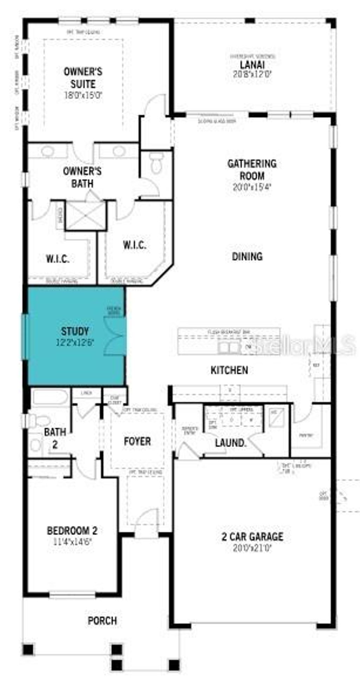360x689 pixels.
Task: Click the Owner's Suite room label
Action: [x=83, y=78]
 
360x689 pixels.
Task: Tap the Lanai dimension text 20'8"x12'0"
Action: [x=252, y=74]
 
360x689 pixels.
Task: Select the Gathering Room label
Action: [x=252, y=169]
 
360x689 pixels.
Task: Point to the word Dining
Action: [x=247, y=256]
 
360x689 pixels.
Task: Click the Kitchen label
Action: [x=229, y=370]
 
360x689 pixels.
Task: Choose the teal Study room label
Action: [x=75, y=331]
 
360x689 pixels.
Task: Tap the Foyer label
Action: [x=137, y=441]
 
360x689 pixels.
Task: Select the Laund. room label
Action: [x=230, y=443]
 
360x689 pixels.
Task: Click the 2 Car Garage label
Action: [x=252, y=537]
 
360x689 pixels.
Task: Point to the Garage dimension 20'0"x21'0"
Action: [x=252, y=548]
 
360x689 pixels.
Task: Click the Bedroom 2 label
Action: [x=72, y=530]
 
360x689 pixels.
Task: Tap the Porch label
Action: [x=102, y=621]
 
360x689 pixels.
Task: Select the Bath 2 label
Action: [x=55, y=438]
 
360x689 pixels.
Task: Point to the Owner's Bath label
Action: [x=82, y=177]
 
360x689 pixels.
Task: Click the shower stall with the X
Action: [x=85, y=215]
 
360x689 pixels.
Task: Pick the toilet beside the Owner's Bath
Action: [x=155, y=162]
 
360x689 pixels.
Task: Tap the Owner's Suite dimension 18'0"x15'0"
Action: [x=83, y=95]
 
